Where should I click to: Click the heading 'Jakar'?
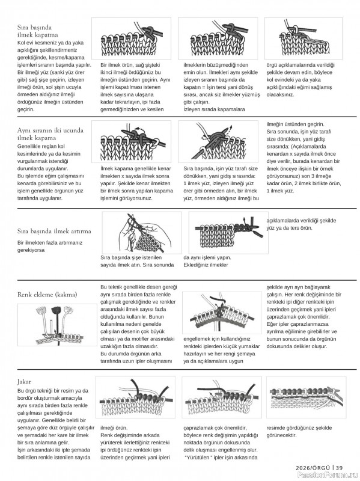(x=24, y=382)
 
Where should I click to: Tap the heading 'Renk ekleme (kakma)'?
(x=47, y=295)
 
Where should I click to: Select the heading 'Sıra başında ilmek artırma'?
(x=54, y=231)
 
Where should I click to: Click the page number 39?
(x=339, y=468)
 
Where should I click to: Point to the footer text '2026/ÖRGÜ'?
(x=313, y=468)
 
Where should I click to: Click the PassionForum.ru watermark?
(x=328, y=476)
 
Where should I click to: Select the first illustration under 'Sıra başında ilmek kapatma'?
(x=131, y=38)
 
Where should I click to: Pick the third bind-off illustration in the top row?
(x=304, y=38)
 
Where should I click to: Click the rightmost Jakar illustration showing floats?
(x=306, y=397)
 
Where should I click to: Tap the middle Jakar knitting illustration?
(x=221, y=397)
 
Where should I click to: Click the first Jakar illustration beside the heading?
(x=135, y=397)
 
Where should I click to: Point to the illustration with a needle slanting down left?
(x=218, y=141)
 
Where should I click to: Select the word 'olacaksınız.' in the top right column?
(x=280, y=94)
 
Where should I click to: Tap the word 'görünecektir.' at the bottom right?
(x=281, y=435)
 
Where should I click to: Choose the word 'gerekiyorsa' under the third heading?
(x=31, y=250)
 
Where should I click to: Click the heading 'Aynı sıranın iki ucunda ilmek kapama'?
(x=50, y=134)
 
